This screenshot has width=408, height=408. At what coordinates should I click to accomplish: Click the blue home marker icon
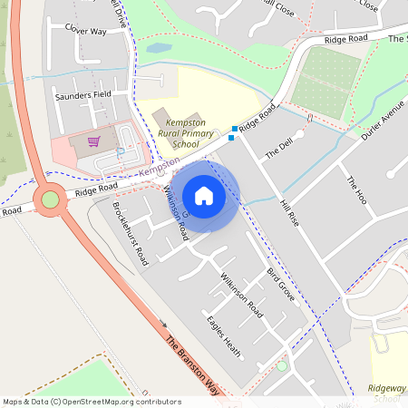click(204, 195)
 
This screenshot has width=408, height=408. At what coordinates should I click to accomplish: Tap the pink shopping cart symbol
click(93, 141)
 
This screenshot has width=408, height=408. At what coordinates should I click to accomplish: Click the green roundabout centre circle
click(50, 199)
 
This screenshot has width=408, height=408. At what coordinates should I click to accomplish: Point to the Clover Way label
click(86, 30)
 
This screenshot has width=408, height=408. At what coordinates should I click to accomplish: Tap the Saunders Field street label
click(83, 94)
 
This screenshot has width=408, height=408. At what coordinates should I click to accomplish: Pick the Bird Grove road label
click(280, 284)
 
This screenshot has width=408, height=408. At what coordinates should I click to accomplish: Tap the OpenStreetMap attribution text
click(92, 402)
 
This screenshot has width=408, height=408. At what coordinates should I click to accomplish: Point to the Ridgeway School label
click(388, 393)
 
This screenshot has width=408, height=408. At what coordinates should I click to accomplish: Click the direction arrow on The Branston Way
click(164, 324)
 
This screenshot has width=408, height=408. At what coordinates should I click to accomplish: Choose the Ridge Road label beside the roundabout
click(97, 189)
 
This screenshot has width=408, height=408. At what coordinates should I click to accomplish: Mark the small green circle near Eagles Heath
click(282, 365)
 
